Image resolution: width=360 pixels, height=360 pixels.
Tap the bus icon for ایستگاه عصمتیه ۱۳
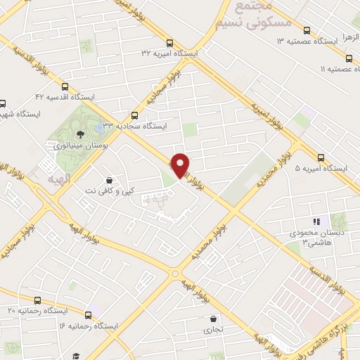(x=306, y=30)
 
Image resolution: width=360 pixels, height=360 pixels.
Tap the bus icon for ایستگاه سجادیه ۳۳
(x=135, y=116)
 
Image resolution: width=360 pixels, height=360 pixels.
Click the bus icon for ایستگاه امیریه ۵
(x=321, y=157)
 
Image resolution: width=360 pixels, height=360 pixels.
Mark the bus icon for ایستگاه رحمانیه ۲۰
(x=37, y=300)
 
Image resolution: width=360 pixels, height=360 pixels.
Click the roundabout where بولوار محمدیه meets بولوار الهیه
(x=175, y=274)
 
